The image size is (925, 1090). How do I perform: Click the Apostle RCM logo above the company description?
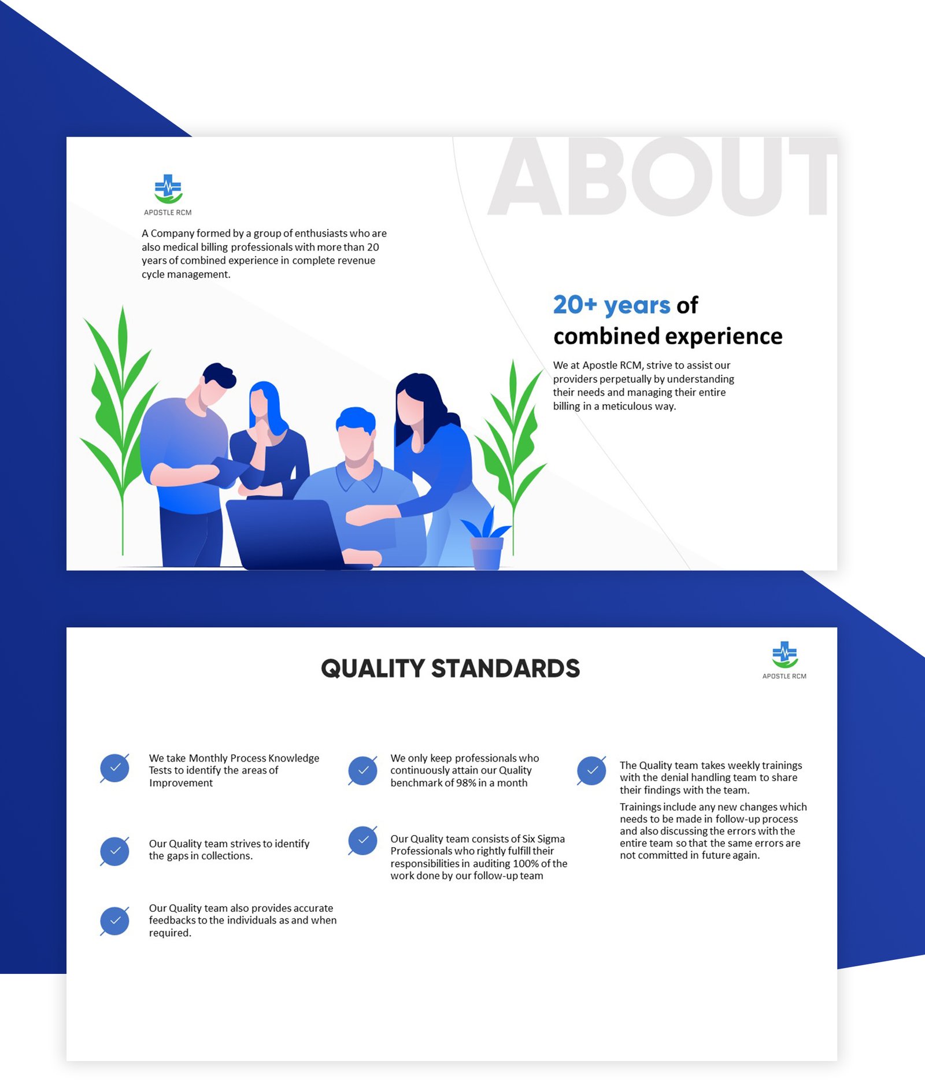click(x=168, y=195)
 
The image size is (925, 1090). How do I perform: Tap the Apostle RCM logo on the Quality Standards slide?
click(x=785, y=660)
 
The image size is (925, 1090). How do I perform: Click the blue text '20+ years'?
click(x=612, y=305)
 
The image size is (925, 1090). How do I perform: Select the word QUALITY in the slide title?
click(x=373, y=668)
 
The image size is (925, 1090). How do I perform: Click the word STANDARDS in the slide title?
click(x=505, y=668)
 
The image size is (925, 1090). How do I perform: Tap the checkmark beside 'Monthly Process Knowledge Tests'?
click(x=114, y=768)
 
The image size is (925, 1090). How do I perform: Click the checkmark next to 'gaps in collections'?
click(x=114, y=851)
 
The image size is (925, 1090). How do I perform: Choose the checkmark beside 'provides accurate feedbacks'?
click(x=114, y=921)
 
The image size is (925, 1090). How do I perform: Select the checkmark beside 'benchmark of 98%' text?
click(x=362, y=771)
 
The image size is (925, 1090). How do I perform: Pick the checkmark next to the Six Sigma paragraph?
click(x=362, y=841)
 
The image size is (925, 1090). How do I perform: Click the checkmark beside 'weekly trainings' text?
click(x=591, y=771)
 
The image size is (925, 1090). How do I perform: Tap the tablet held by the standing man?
click(x=231, y=471)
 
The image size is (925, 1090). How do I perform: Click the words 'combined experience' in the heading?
click(x=668, y=337)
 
